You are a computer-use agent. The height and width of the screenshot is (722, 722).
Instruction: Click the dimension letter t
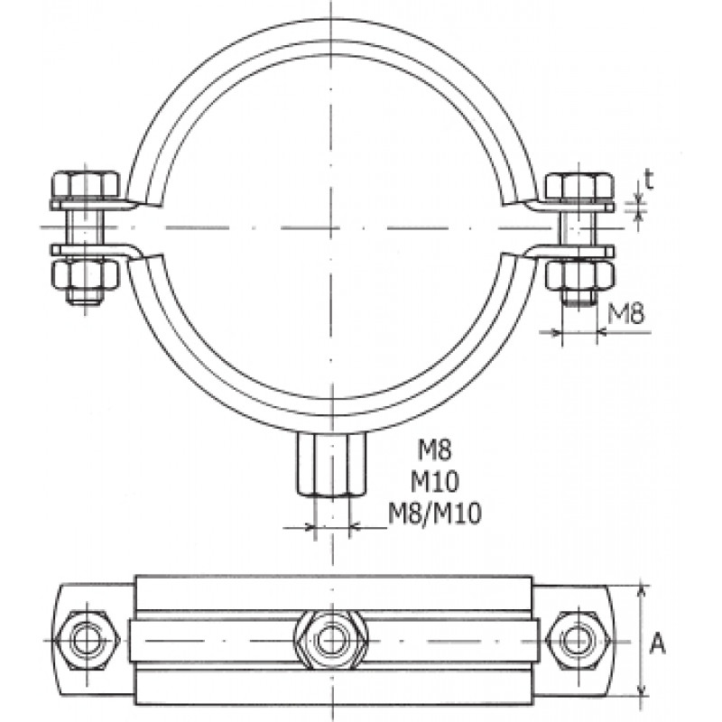[649, 179]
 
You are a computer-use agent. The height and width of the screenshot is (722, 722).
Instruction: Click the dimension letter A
[657, 643]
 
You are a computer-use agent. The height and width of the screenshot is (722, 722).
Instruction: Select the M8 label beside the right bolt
[625, 313]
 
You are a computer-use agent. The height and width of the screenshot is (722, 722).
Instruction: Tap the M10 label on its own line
[435, 482]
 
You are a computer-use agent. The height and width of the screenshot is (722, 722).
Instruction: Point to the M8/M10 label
[435, 513]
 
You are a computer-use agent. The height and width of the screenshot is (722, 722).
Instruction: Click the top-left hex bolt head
[85, 186]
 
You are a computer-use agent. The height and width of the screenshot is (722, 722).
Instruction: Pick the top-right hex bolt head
[579, 186]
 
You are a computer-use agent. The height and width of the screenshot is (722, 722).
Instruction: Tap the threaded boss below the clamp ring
[331, 464]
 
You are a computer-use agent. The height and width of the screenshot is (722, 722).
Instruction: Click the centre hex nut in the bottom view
[331, 640]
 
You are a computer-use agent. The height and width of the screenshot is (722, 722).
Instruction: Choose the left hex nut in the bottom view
[86, 641]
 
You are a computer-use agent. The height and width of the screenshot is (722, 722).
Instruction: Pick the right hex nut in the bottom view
[579, 641]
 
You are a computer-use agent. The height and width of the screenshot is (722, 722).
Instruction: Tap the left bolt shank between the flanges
[85, 228]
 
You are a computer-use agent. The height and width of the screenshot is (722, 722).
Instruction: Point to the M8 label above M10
[435, 449]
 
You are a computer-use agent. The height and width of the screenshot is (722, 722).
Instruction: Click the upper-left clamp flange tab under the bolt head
[92, 206]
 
